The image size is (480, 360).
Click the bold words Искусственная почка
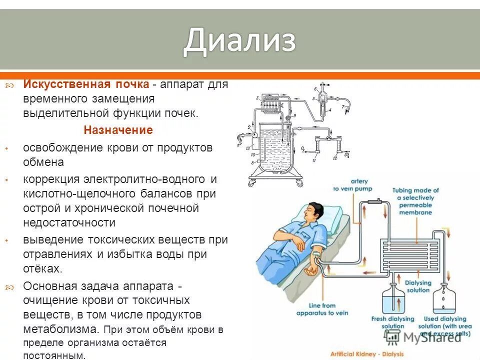point(85,84)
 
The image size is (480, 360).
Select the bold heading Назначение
point(118,130)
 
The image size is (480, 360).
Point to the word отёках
point(42,268)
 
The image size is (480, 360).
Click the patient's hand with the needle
point(311,269)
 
